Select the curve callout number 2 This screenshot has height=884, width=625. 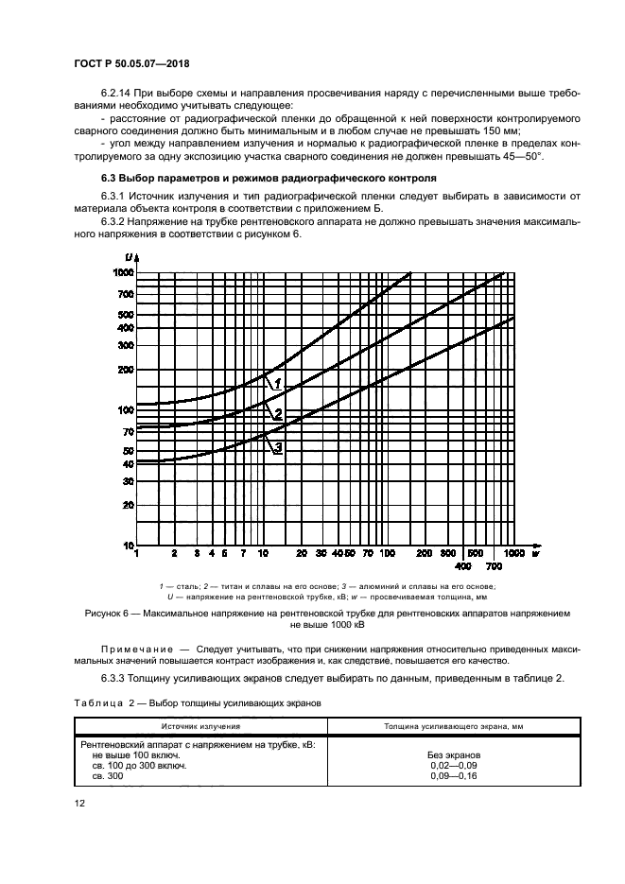pos(279,413)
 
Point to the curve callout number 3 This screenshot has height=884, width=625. pos(279,447)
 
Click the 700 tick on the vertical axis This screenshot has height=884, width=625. pos(125,294)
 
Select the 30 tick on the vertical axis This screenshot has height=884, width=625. pos(127,481)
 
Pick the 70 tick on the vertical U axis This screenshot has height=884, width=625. pos(127,431)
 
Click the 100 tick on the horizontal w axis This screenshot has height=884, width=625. pos(387,551)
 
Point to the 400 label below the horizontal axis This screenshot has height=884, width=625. pos(462,565)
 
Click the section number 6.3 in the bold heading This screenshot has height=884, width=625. pos(111,178)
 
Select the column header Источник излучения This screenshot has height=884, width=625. pos(200,726)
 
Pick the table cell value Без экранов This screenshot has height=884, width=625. pos(454,756)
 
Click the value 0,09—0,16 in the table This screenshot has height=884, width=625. pos(454,775)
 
